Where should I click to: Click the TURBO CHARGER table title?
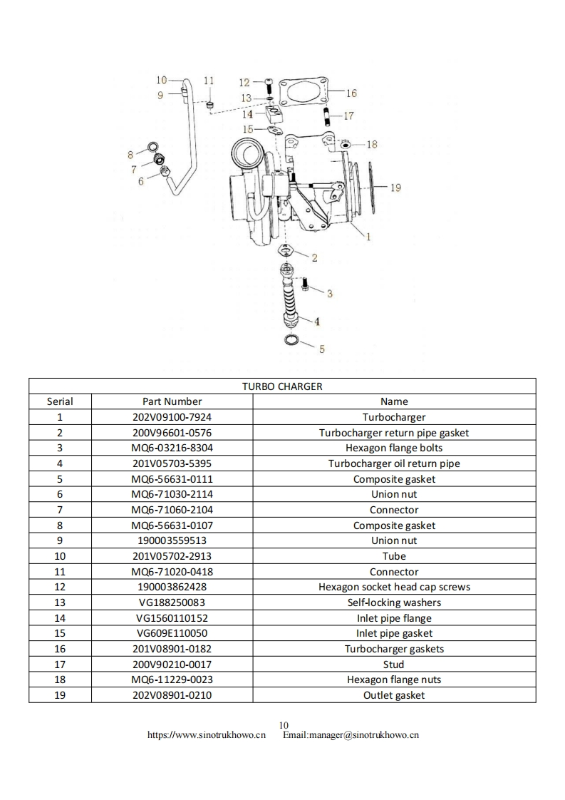tap(282, 386)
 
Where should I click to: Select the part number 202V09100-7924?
tap(172, 417)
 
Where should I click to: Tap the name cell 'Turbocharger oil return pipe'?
tap(394, 463)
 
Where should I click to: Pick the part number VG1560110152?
tap(172, 618)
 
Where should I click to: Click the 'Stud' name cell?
tap(394, 665)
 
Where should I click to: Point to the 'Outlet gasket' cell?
tap(394, 695)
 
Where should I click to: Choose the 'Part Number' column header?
tap(172, 401)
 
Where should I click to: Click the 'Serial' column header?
tap(60, 401)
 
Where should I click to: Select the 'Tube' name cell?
tap(394, 556)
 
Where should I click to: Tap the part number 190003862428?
tap(172, 587)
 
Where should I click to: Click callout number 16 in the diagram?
tap(351, 93)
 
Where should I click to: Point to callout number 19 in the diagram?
tap(395, 188)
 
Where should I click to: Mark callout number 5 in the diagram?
tap(321, 349)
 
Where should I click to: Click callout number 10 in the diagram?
tap(161, 80)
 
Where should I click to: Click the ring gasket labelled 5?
tap(292, 339)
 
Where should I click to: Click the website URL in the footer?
tap(207, 735)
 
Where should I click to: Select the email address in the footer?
tap(351, 735)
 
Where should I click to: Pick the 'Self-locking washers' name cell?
tap(394, 602)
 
